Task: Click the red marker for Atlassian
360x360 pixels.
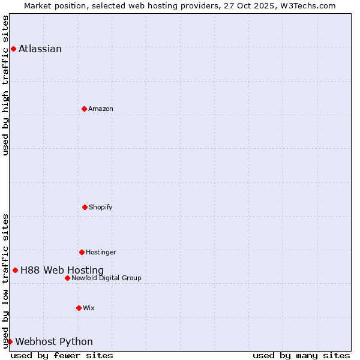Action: [x=13, y=49]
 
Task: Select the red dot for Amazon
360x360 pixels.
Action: [x=84, y=109]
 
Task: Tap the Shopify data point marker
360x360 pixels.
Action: [x=85, y=207]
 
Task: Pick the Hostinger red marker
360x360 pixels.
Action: [x=82, y=252]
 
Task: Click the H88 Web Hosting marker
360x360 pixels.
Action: [x=15, y=270]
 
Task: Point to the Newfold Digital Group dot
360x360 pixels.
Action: [x=67, y=278]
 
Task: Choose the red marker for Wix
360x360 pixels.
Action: [x=79, y=308]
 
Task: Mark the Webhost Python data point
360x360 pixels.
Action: [x=10, y=341]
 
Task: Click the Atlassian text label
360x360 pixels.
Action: [x=40, y=49]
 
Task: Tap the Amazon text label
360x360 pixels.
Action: [x=101, y=109]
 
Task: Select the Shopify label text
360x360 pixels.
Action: [x=101, y=208]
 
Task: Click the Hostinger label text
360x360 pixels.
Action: [x=101, y=253]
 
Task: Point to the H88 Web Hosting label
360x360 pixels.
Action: [x=62, y=271]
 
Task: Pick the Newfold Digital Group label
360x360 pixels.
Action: [x=106, y=278]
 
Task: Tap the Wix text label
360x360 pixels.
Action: [x=89, y=308]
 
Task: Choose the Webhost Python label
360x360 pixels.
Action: [x=54, y=342]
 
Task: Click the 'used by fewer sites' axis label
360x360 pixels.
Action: [x=62, y=355]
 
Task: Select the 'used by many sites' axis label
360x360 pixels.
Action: [x=301, y=355]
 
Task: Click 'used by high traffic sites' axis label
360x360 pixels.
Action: [x=5, y=85]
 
